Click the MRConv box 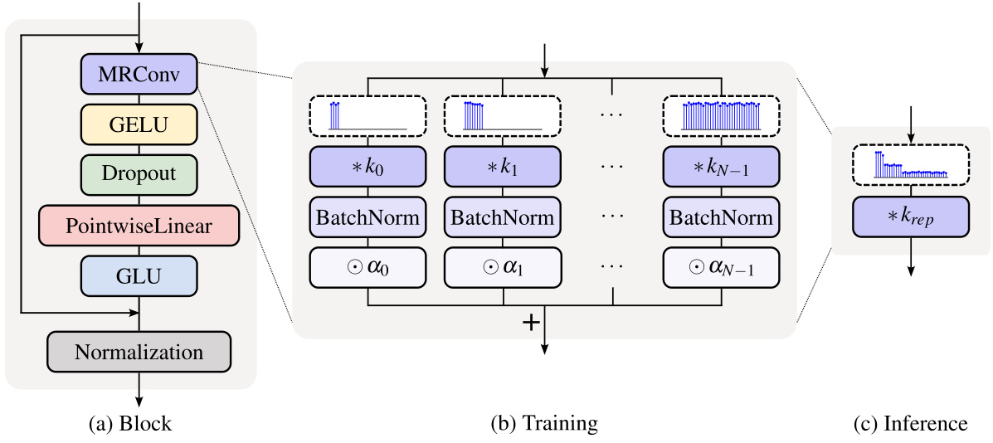point(139,74)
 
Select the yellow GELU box point(139,124)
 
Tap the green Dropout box point(139,174)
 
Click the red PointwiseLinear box point(139,225)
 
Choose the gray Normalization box point(139,352)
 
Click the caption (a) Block point(130,423)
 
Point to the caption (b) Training point(544,423)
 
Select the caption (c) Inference point(910,423)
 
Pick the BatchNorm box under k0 point(368,217)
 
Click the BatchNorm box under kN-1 point(721,217)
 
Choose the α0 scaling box point(368,268)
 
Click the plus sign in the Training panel point(531,323)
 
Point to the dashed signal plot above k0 point(368,114)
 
